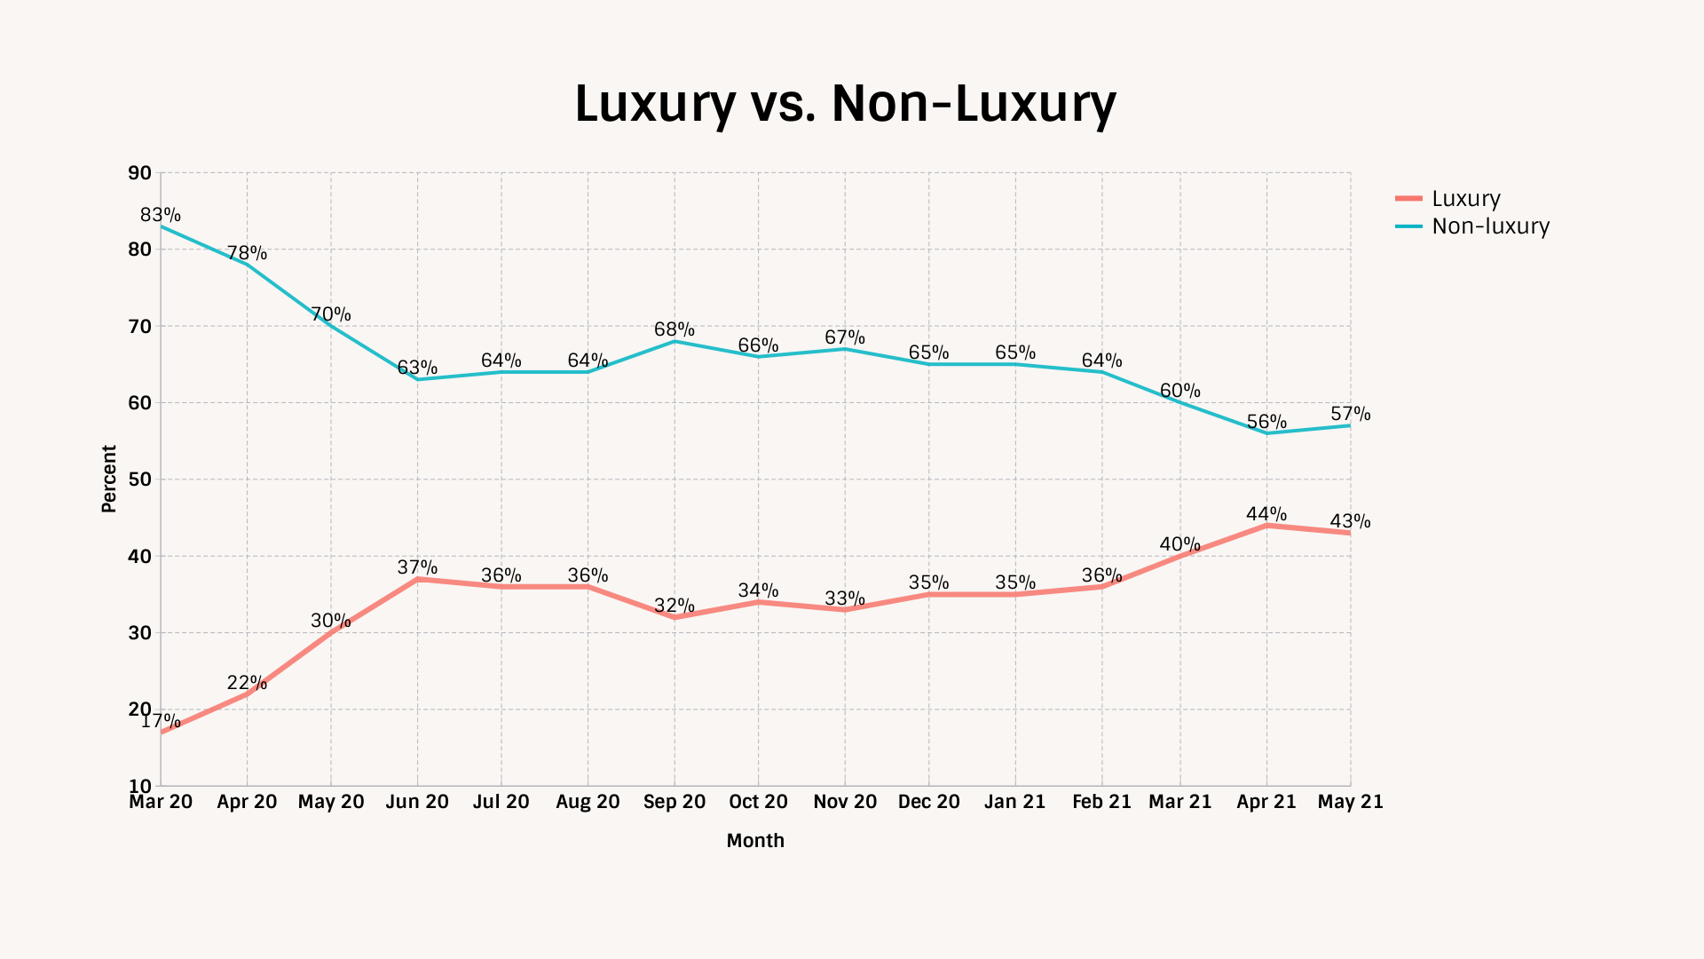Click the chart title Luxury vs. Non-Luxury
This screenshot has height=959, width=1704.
pyautogui.click(x=845, y=104)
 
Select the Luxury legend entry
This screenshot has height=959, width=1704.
pyautogui.click(x=1465, y=199)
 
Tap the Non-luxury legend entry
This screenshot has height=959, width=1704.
pyautogui.click(x=1490, y=226)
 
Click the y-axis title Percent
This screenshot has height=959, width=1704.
pyautogui.click(x=109, y=479)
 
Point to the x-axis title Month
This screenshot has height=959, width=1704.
pyautogui.click(x=755, y=841)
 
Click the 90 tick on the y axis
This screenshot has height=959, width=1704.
pyautogui.click(x=140, y=173)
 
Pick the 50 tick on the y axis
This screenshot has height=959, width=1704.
pyautogui.click(x=140, y=479)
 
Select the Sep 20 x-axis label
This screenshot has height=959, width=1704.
pyautogui.click(x=674, y=802)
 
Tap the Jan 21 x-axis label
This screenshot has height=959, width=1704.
pyautogui.click(x=1015, y=802)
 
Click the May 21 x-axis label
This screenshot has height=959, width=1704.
pyautogui.click(x=1350, y=802)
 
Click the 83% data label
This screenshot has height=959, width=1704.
pyautogui.click(x=161, y=215)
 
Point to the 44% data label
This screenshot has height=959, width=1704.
pyautogui.click(x=1266, y=514)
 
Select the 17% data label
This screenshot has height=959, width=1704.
pyautogui.click(x=161, y=721)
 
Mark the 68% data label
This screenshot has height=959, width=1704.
pyautogui.click(x=674, y=330)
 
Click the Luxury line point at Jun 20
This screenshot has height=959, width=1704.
pyautogui.click(x=417, y=579)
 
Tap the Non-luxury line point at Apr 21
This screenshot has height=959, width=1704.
pyautogui.click(x=1266, y=433)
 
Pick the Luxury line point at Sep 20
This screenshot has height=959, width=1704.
pyautogui.click(x=674, y=617)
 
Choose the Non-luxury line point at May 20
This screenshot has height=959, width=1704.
pyautogui.click(x=331, y=326)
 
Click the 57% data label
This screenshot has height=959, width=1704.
pyautogui.click(x=1350, y=414)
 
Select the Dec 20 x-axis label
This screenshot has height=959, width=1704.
pyautogui.click(x=929, y=802)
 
